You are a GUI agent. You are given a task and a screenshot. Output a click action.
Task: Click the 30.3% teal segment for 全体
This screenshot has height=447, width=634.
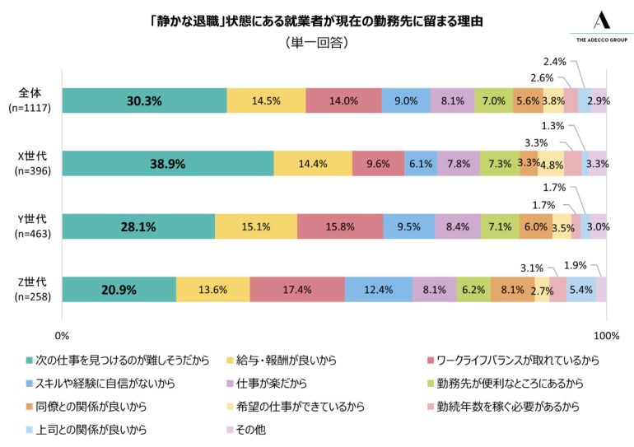click(144, 100)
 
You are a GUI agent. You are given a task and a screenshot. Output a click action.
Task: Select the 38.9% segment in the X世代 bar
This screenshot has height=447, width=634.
click(167, 164)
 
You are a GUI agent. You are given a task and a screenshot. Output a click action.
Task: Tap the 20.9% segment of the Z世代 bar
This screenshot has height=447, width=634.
click(119, 289)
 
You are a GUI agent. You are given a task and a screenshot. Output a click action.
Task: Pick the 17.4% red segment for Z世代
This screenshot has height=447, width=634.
click(296, 289)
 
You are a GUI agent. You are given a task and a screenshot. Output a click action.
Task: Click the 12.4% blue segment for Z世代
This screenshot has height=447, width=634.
click(378, 289)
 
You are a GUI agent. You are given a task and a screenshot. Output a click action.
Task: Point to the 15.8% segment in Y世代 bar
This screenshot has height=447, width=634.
click(339, 226)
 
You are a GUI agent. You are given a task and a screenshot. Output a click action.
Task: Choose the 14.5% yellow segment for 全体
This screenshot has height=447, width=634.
click(265, 100)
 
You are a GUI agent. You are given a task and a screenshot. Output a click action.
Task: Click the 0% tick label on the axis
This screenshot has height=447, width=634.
click(62, 336)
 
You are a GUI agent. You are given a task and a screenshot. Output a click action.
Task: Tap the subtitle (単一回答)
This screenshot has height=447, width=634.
click(316, 43)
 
